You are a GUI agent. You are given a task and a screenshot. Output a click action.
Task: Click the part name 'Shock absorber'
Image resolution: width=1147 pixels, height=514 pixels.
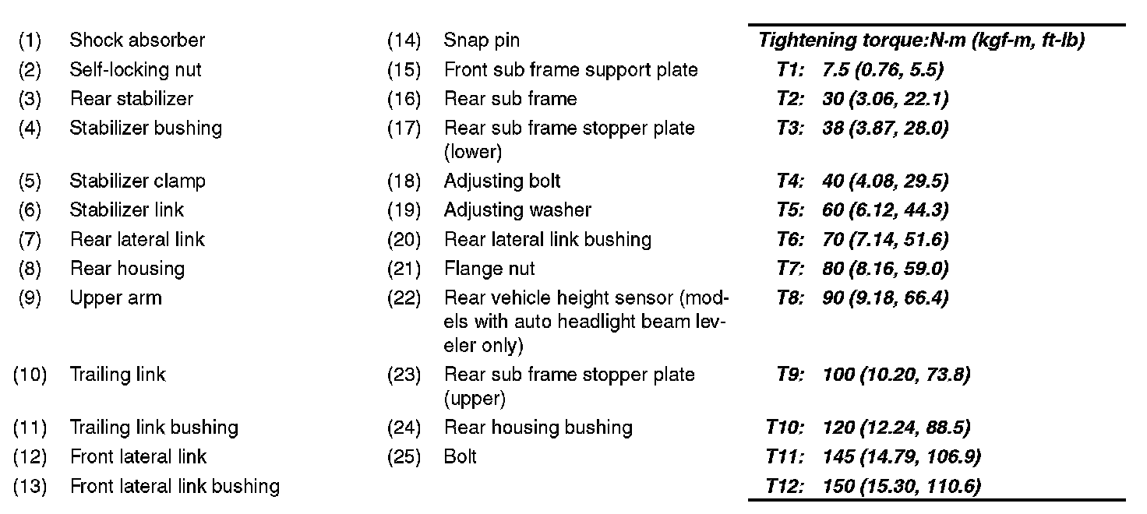pos(137,40)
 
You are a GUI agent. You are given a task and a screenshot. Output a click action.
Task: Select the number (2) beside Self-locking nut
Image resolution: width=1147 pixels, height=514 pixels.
pos(30,69)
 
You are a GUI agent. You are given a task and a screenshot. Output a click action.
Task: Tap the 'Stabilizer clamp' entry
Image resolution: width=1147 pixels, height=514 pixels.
pos(137,181)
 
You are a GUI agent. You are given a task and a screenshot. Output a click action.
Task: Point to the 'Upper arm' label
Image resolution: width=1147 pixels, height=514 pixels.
pos(115,298)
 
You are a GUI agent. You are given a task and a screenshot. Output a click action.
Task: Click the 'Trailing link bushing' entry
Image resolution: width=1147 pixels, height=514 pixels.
pos(154,428)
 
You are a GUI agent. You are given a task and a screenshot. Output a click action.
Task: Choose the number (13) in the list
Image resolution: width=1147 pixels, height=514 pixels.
pos(30,487)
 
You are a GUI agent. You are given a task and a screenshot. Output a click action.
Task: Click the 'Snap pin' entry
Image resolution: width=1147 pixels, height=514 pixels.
pos(482,40)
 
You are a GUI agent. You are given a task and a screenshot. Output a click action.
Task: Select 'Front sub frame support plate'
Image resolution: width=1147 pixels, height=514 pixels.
pos(570,69)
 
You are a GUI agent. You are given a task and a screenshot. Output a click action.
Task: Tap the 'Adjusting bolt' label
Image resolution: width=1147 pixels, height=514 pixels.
pos(502,181)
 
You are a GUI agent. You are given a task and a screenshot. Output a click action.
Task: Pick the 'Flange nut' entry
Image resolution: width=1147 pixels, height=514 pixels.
pos(489,269)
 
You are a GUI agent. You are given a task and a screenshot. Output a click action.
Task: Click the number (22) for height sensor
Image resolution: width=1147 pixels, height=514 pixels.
pos(404,298)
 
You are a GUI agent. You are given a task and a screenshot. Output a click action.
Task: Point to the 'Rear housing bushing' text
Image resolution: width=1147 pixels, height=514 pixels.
pos(538,428)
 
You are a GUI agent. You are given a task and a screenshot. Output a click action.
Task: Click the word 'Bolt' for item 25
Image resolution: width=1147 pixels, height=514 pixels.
pos(460,456)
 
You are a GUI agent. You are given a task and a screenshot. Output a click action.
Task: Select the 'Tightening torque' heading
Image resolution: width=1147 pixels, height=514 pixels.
pos(921,40)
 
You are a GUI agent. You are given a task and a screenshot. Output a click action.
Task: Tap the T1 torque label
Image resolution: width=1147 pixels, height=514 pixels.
pos(790,70)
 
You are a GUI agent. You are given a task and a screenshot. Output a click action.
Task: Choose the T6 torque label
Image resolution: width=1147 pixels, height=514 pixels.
pos(790,240)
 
